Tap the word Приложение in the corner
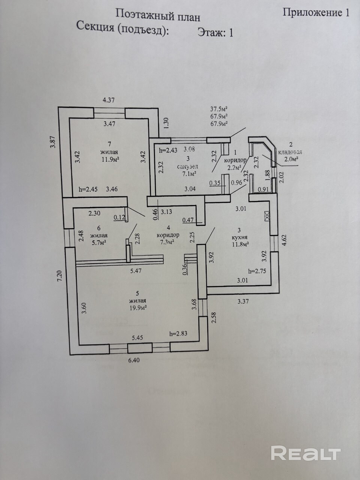pos(312,12)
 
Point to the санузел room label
pos(187,166)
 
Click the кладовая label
pos(290,152)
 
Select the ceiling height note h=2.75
pos(257,271)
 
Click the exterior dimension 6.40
pos(133,360)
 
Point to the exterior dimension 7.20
pos(60,277)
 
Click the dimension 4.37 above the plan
pos(109,100)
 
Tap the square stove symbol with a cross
pos(267,216)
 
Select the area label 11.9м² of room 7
pos(110,159)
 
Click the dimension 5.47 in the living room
pos(136,271)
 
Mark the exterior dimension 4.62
pos(284,240)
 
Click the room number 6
pos(99,228)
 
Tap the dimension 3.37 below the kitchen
pos(243,301)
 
